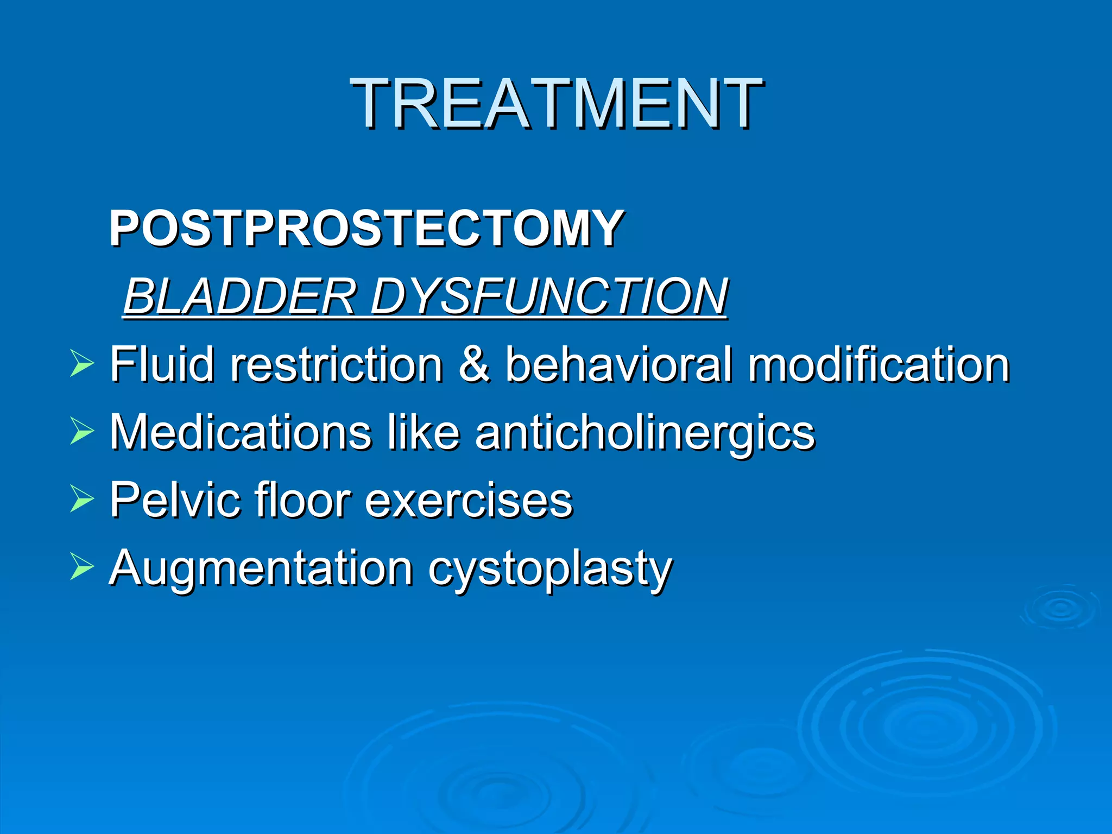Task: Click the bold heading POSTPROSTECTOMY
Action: (367, 228)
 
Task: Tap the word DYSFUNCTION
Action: (548, 296)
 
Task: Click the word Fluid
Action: (162, 364)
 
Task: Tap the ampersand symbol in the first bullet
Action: (475, 364)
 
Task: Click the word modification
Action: (879, 364)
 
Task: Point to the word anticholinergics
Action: (645, 433)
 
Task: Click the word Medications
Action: (241, 432)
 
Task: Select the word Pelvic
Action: (176, 500)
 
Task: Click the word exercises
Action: (469, 500)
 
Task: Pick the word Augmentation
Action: (261, 568)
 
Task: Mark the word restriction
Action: (337, 364)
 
